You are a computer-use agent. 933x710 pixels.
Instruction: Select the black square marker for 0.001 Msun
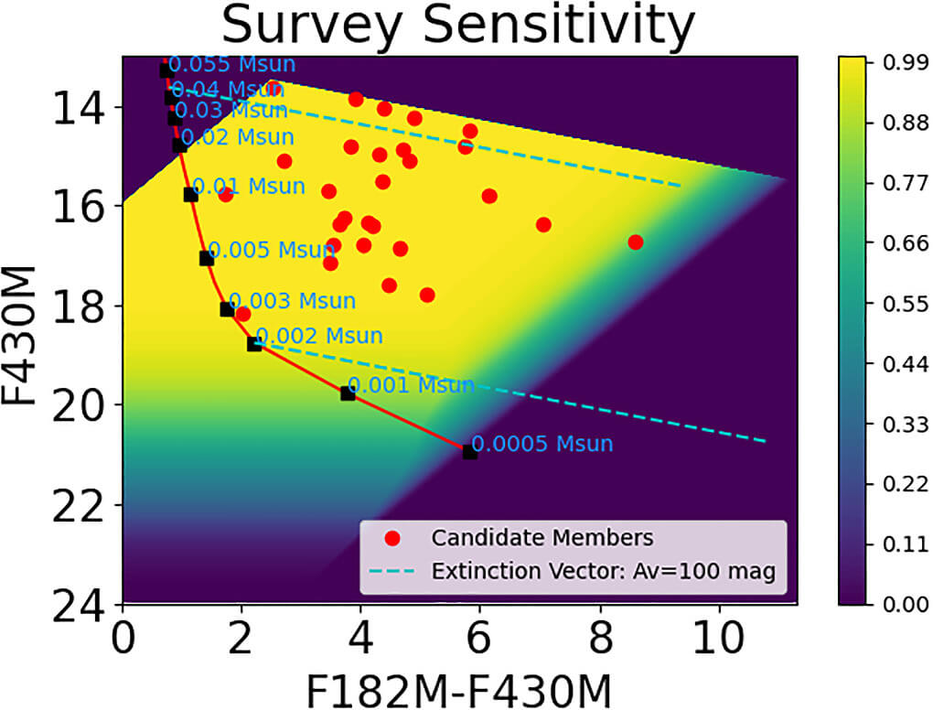(x=348, y=393)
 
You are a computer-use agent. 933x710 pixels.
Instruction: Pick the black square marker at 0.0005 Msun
(x=470, y=452)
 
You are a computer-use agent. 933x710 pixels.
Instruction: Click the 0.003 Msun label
(x=292, y=301)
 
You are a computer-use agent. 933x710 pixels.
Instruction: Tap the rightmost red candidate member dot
(x=636, y=242)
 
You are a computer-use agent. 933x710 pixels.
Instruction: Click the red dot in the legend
(x=394, y=536)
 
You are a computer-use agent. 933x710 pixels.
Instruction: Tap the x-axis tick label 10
(x=720, y=635)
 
